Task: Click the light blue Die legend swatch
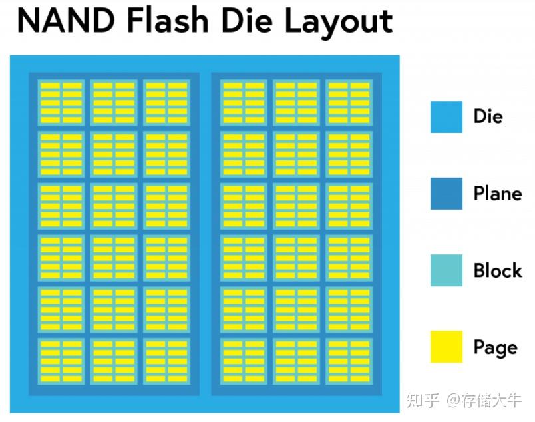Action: [x=446, y=117]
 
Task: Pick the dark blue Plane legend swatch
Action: [x=446, y=194]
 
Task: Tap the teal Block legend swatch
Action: [x=446, y=270]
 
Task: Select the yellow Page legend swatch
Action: [x=446, y=347]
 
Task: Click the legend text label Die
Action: [x=488, y=116]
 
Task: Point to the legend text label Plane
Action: [x=497, y=194]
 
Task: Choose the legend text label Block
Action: [x=498, y=270]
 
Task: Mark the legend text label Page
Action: [x=495, y=347]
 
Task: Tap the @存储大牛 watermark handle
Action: [x=484, y=400]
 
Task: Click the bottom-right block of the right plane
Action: [x=349, y=361]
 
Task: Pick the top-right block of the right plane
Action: [x=349, y=103]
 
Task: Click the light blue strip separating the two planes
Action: [x=205, y=233]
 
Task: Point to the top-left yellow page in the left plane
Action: [x=49, y=86]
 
